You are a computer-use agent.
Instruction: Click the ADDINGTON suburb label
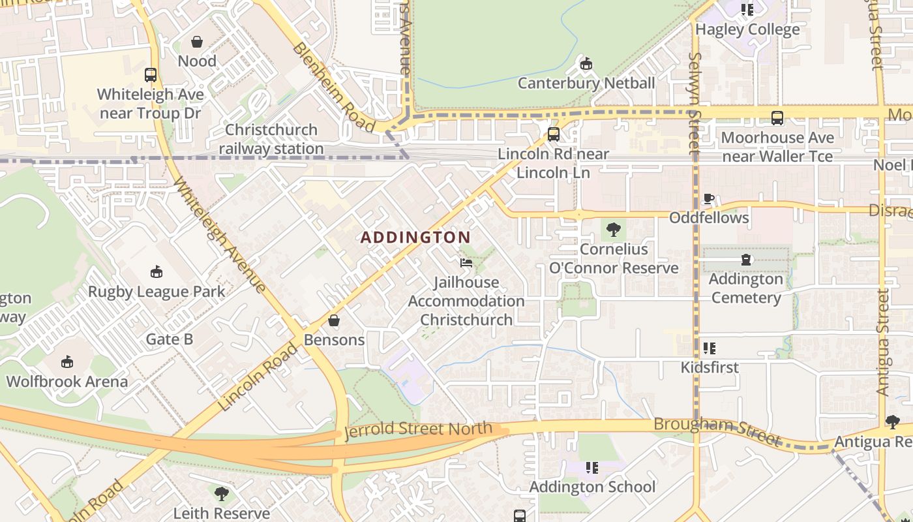tap(415, 238)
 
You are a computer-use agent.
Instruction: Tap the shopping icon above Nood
tap(197, 42)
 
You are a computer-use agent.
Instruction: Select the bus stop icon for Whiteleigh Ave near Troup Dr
tap(151, 75)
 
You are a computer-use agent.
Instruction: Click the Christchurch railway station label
tap(271, 139)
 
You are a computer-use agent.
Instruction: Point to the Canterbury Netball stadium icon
tap(586, 64)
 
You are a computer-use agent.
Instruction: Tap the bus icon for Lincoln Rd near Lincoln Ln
tap(554, 134)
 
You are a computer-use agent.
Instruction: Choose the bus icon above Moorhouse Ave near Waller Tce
tap(777, 118)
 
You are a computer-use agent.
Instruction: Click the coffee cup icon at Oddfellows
tap(709, 198)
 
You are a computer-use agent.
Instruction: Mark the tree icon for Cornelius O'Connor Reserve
tap(613, 230)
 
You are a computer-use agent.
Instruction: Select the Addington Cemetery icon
tap(746, 260)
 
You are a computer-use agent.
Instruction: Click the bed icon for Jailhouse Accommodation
tap(466, 263)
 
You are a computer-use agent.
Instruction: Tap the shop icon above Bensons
tap(334, 320)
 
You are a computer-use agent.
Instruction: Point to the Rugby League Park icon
tap(157, 271)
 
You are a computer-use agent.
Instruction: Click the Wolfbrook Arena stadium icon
tap(67, 361)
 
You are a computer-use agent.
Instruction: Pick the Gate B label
tap(170, 339)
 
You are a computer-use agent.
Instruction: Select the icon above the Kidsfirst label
tap(710, 348)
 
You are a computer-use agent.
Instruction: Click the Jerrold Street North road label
tap(418, 431)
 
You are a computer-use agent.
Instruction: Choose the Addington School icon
tap(592, 467)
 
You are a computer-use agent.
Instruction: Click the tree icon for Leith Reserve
tap(222, 493)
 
